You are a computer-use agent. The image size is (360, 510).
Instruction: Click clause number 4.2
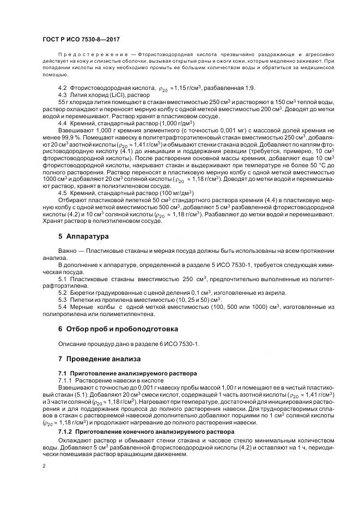pyautogui.click(x=63, y=88)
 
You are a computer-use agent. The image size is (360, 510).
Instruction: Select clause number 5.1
pyautogui.click(x=63, y=279)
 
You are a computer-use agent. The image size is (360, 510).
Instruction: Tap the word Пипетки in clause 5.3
pyautogui.click(x=83, y=300)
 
